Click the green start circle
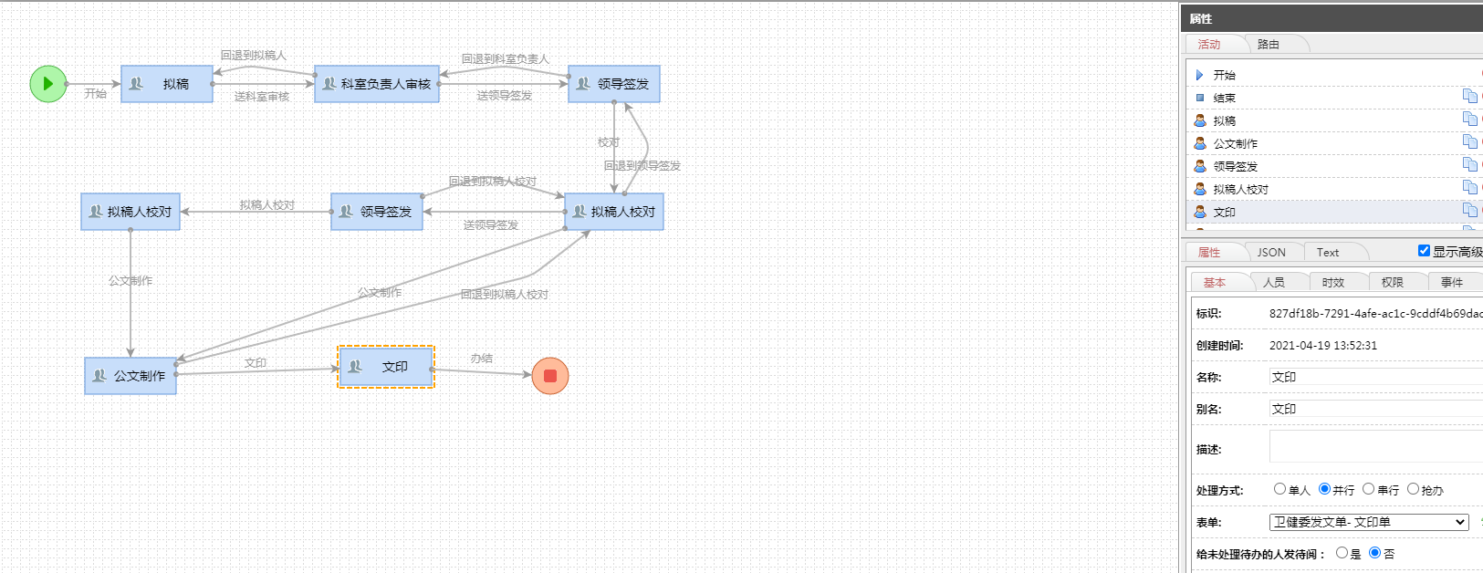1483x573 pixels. click(48, 84)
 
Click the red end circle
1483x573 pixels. click(550, 376)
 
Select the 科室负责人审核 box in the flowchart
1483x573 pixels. click(377, 84)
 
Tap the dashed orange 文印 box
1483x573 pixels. click(386, 367)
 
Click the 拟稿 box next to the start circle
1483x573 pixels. click(167, 84)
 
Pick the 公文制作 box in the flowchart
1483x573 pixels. click(131, 376)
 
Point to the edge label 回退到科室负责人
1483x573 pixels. click(506, 59)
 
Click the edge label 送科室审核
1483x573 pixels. click(262, 97)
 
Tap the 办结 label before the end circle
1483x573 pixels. click(481, 359)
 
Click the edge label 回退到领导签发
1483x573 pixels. click(642, 165)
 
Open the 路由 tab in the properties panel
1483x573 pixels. click(1268, 45)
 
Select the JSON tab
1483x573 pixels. click(1271, 252)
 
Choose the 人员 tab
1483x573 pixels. click(1274, 283)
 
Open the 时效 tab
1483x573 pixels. click(1332, 283)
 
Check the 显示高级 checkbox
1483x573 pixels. click(1424, 251)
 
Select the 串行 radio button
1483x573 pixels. click(1368, 489)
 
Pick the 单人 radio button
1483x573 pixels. click(1279, 489)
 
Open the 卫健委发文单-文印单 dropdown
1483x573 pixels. click(1369, 522)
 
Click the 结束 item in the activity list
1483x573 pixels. click(1224, 98)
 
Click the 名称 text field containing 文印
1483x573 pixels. click(1375, 377)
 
